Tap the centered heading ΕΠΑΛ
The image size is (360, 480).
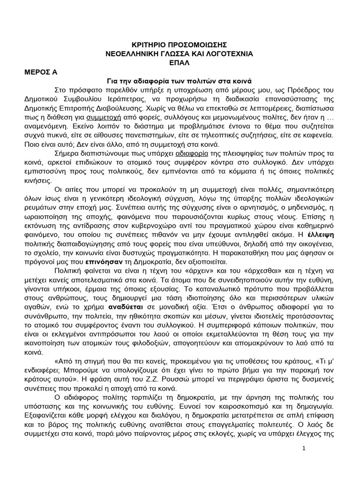tap(180, 63)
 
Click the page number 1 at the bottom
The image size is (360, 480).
tap(303, 449)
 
